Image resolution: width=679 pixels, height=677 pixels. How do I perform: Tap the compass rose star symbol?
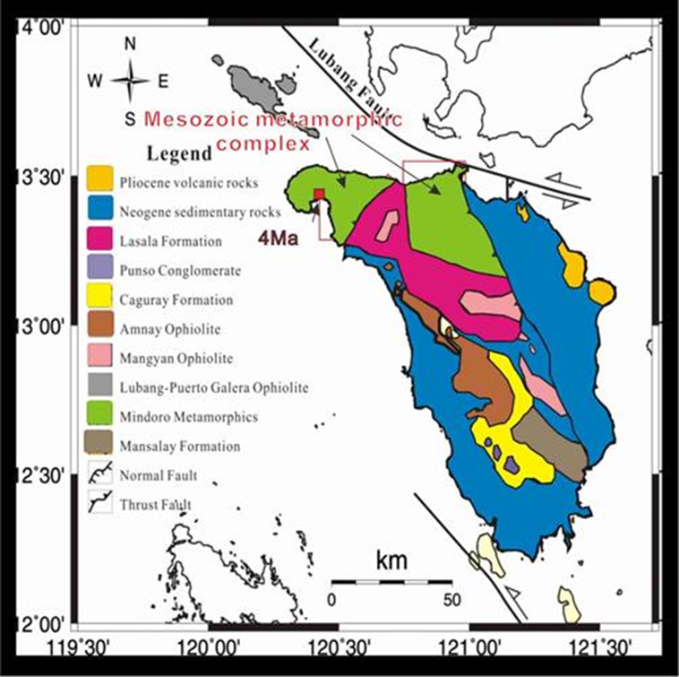click(x=131, y=81)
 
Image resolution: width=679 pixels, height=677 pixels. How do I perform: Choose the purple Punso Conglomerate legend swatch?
click(x=99, y=268)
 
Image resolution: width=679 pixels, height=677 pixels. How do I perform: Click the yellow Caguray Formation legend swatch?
click(x=99, y=298)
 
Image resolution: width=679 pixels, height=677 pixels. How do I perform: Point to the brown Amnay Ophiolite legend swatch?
click(x=99, y=327)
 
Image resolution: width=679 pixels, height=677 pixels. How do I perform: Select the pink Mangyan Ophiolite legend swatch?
click(x=99, y=357)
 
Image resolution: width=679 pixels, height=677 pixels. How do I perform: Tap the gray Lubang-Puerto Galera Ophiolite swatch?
click(x=99, y=386)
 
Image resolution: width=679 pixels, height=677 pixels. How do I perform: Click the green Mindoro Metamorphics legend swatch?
click(x=99, y=415)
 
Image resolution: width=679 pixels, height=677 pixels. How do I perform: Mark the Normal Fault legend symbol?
click(x=99, y=474)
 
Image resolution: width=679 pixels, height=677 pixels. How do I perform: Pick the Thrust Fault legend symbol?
click(x=99, y=504)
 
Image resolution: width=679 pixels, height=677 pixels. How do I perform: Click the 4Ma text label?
click(x=277, y=239)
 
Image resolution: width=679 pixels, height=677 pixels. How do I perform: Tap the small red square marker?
click(x=317, y=195)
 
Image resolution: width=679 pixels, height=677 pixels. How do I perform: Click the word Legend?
click(x=176, y=152)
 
